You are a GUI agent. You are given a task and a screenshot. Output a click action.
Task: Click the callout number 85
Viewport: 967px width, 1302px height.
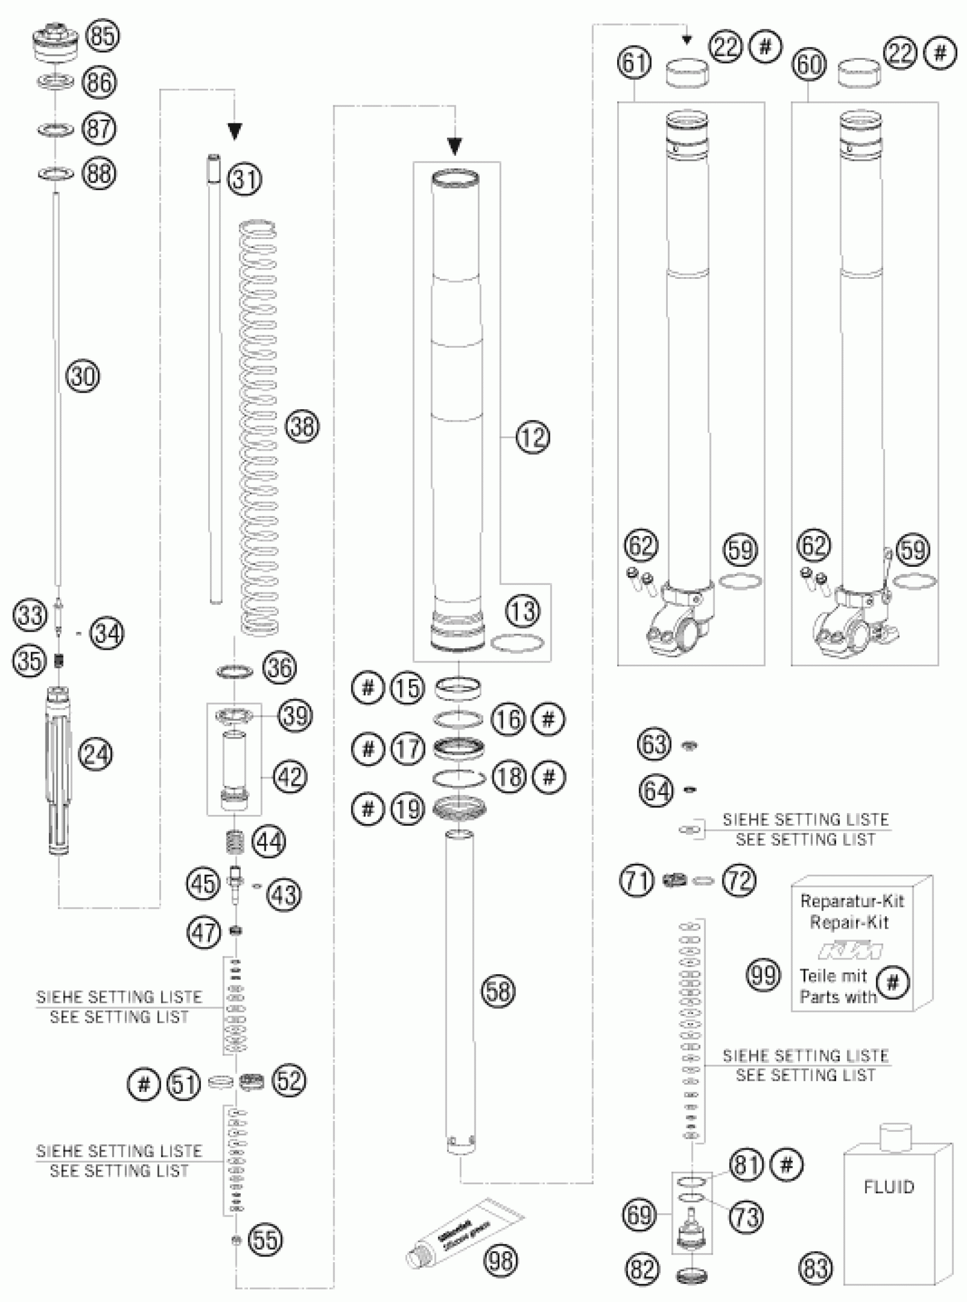pos(102,36)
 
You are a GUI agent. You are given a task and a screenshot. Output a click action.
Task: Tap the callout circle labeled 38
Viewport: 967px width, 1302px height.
pos(303,426)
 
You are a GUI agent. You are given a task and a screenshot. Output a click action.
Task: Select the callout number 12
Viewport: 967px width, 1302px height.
pos(532,436)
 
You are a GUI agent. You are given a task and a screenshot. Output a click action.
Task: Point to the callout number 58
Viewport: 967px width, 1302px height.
pos(498,991)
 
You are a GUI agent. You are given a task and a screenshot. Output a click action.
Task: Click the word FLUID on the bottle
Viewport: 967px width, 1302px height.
pos(888,1187)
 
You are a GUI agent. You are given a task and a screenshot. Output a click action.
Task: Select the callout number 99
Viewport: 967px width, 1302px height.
pos(763,975)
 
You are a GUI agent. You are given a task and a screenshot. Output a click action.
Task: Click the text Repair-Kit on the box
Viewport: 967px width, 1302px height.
pos(849,922)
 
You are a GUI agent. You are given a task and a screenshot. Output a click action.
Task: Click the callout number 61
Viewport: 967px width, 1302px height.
pos(634,63)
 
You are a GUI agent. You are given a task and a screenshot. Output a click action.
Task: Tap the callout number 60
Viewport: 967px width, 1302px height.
pos(809,64)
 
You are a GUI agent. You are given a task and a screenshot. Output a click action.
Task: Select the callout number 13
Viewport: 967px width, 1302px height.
pos(523,611)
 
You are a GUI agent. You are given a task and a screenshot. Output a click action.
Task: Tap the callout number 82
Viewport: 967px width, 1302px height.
pos(642,1268)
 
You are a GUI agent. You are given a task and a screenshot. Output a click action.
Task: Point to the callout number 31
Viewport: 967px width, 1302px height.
pos(245,179)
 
